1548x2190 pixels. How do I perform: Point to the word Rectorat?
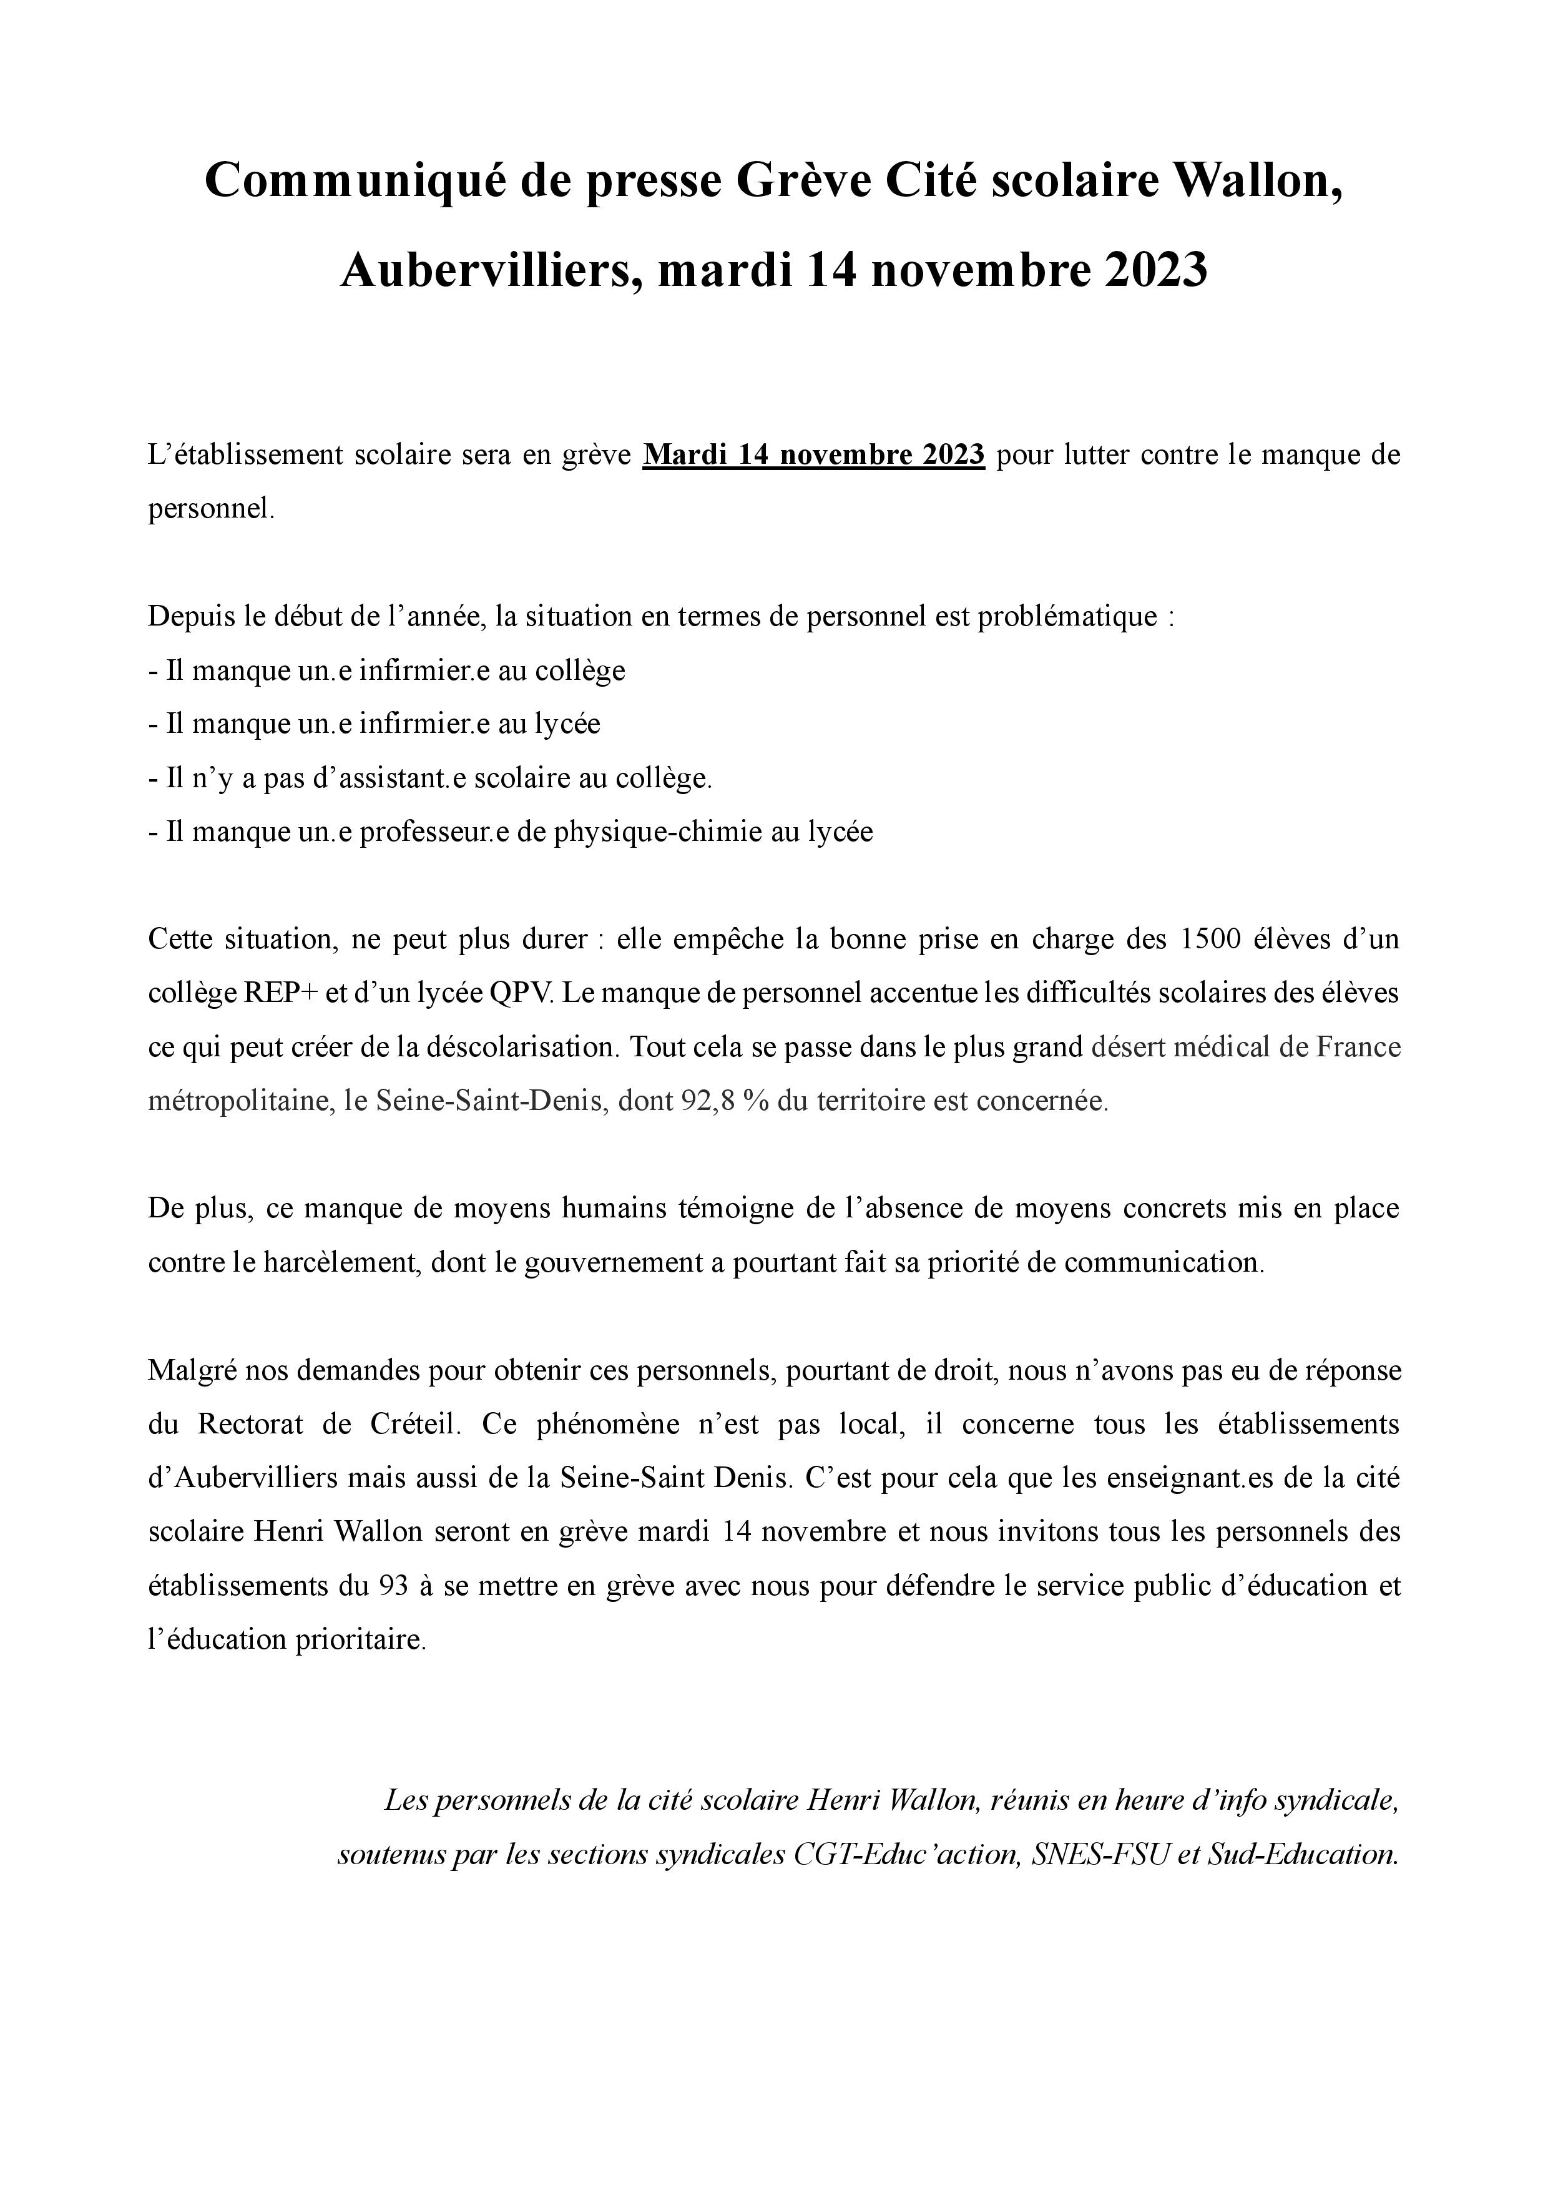(250, 1424)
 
